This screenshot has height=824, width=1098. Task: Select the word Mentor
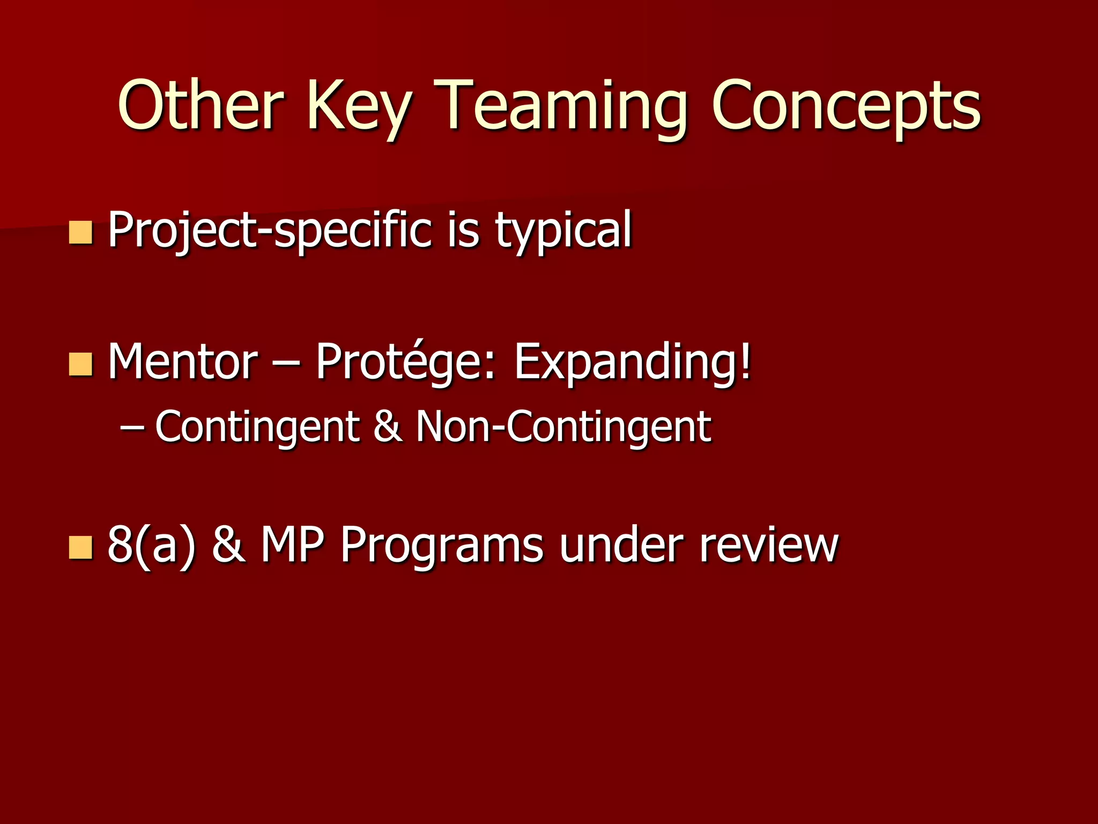pos(183,362)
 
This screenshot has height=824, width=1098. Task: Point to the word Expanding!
pos(633,362)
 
